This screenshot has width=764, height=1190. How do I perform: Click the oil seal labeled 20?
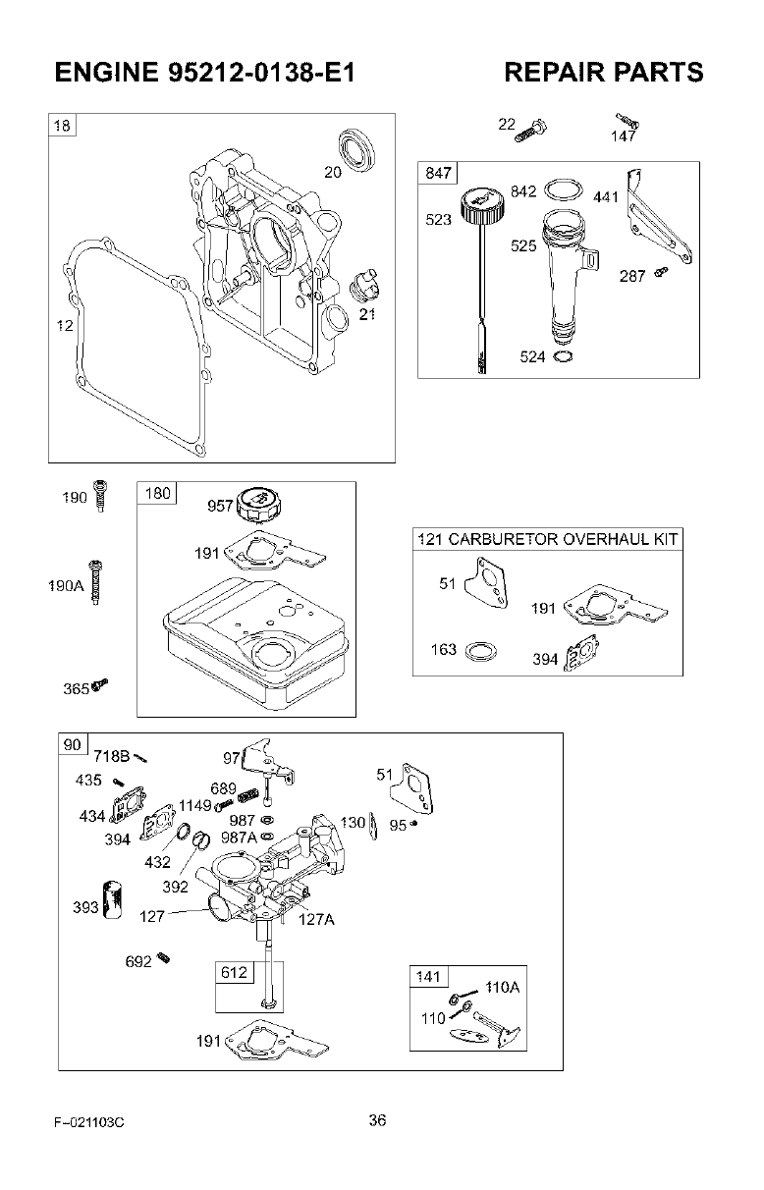pos(357,148)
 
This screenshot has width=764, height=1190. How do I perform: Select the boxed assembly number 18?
pos(62,126)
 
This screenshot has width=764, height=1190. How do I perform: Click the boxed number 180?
pos(157,493)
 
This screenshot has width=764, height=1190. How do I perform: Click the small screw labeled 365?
pos(99,685)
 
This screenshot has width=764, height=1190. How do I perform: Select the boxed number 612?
pos(234,973)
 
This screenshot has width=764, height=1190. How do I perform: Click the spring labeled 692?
pos(163,959)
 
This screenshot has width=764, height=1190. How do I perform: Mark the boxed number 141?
pos(428,977)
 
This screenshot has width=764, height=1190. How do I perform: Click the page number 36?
pos(378,1120)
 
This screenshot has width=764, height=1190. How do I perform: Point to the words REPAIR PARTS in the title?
pos(603,73)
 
